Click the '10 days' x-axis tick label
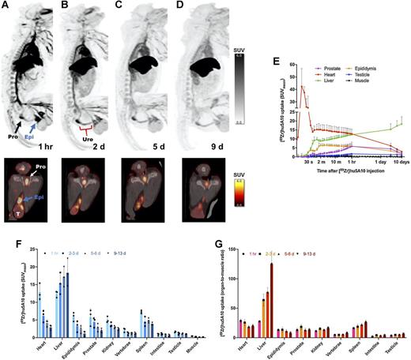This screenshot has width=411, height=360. [x=402, y=166]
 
